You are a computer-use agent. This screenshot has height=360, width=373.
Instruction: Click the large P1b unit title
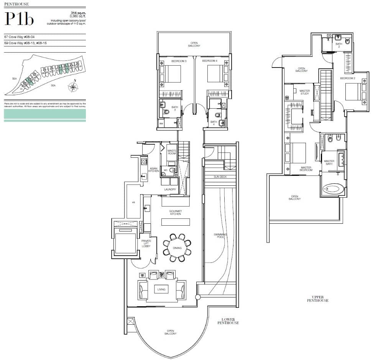[19, 19]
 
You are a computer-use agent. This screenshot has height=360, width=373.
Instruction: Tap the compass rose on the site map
[73, 87]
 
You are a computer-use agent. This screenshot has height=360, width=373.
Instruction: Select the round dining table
[177, 248]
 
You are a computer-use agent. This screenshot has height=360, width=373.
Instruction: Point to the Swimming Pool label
[220, 236]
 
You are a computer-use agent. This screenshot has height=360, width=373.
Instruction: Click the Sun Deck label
[220, 177]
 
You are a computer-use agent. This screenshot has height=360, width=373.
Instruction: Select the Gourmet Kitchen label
[175, 212]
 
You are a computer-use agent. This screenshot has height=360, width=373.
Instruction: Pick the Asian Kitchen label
[153, 170]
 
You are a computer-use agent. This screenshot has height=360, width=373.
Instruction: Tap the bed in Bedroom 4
[216, 74]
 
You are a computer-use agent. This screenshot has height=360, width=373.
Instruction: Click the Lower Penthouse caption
[228, 321]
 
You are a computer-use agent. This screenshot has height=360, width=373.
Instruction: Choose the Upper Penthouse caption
[317, 299]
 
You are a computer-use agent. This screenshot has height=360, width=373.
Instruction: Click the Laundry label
[170, 189]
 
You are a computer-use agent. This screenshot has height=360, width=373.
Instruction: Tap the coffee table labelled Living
[161, 289]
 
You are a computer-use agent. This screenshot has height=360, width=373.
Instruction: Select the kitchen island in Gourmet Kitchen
[176, 222]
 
